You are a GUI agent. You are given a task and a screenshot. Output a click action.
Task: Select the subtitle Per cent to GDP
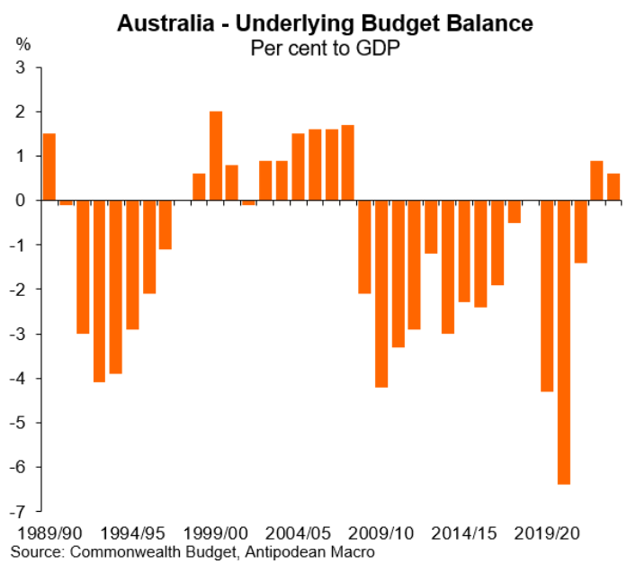coord(326,47)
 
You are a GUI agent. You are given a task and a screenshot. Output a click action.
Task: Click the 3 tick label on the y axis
coord(24,67)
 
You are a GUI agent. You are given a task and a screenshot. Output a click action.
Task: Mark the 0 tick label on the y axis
coord(24,201)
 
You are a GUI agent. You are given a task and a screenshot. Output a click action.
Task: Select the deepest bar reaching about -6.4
coord(564,342)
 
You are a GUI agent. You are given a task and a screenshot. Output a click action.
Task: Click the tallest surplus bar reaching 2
coord(216,156)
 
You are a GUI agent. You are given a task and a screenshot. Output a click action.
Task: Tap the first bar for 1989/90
coord(49,166)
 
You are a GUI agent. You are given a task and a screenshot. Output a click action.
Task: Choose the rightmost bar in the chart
coord(614,186)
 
